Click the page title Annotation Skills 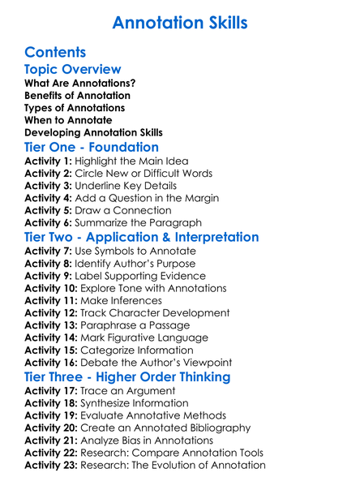179,22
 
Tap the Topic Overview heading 73,70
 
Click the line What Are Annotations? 80,84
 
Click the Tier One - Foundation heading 92,148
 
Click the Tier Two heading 142,238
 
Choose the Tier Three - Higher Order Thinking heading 127,377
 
